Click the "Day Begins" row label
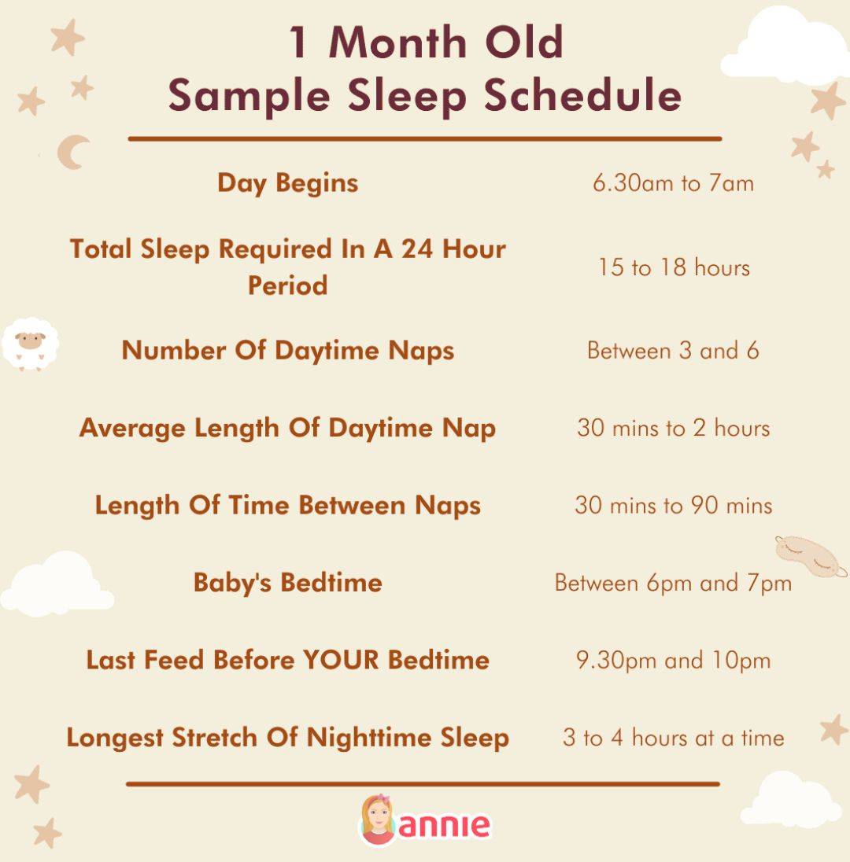[x=287, y=183]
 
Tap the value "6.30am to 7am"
[x=673, y=183]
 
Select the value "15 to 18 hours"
[x=673, y=267]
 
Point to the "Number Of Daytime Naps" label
[x=287, y=350]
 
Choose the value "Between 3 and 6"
[x=673, y=350]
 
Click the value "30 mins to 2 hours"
[x=673, y=428]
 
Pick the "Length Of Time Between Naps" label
[x=287, y=505]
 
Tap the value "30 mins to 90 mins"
[x=673, y=505]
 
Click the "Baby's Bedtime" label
[x=287, y=583]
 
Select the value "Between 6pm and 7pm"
[x=673, y=583]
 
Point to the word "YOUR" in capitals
[x=341, y=660]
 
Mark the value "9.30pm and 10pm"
[x=673, y=660]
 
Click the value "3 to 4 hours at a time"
[x=673, y=738]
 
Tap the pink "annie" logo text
[x=445, y=825]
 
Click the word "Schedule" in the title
[x=582, y=96]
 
